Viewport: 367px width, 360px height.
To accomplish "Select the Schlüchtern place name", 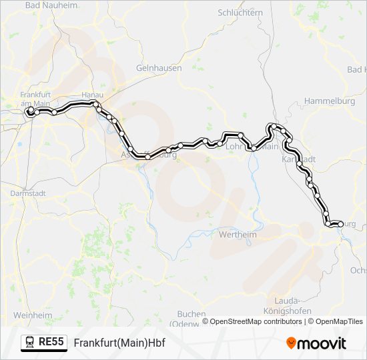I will [x=240, y=13].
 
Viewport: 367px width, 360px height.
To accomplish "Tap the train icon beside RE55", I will [x=30, y=343].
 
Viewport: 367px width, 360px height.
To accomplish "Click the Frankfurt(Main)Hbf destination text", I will [x=119, y=343].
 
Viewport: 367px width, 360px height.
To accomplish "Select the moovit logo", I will [x=316, y=343].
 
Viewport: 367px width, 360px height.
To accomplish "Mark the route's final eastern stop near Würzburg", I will [x=340, y=225].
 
